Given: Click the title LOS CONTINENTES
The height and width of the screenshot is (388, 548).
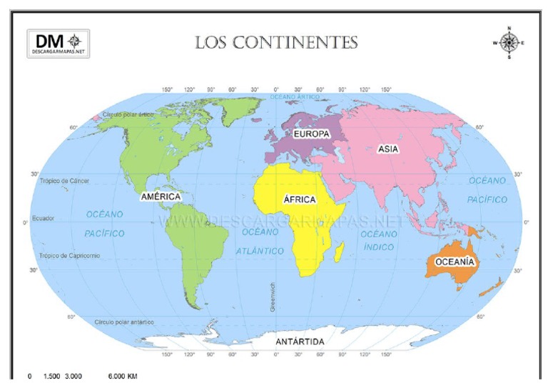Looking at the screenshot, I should click(x=276, y=43).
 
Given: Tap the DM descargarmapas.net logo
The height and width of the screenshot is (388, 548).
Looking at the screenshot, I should click(x=59, y=44).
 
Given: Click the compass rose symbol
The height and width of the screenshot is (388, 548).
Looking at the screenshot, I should click(x=508, y=43).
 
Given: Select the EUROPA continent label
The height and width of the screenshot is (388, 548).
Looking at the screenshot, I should click(x=310, y=134).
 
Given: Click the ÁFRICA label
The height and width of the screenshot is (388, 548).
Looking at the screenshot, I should click(x=299, y=199).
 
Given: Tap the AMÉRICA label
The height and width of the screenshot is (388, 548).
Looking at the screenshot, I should click(x=161, y=196).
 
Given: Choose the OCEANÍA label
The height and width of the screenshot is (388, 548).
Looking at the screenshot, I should click(x=454, y=262).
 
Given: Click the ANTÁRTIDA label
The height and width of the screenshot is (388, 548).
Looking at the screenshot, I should click(x=300, y=342).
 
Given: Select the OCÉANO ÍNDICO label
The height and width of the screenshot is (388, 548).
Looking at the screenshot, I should click(x=378, y=241).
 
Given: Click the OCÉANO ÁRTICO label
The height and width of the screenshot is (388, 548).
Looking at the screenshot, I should click(x=294, y=96).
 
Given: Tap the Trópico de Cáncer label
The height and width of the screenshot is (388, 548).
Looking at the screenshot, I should click(x=65, y=181).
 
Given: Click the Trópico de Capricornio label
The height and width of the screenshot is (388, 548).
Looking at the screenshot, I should click(x=70, y=255).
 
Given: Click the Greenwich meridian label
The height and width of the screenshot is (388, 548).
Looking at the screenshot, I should click(x=272, y=297).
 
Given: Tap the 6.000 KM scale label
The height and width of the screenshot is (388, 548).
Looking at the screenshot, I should click(x=123, y=376).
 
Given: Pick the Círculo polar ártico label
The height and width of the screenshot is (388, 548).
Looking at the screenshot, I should click(x=128, y=114).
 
